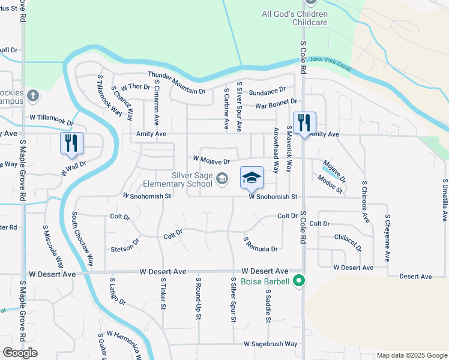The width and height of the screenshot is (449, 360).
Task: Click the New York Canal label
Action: tap(331, 61)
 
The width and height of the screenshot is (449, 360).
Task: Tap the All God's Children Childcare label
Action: tap(295, 18)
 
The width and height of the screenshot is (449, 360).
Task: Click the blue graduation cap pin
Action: tap(252, 178)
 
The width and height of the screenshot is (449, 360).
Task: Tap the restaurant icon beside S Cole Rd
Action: tap(304, 123)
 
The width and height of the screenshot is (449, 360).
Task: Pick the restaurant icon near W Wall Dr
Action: tap(71, 143)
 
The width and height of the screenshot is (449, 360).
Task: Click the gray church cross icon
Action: tap(33, 95)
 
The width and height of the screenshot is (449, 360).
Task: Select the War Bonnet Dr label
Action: tap(276, 104)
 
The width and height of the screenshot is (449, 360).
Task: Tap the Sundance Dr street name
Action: tap(267, 91)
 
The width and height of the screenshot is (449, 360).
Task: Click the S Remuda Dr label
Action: tap(260, 245)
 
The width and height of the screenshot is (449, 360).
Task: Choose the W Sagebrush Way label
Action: tap(270, 344)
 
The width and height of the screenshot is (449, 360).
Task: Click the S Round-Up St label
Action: tap(198, 298)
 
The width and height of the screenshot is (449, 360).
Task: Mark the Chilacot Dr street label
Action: tap(349, 242)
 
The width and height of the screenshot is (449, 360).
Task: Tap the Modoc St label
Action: tap(330, 185)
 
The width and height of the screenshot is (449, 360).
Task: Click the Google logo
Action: tap(20, 353)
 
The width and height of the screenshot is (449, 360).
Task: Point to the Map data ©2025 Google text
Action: tap(412, 355)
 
